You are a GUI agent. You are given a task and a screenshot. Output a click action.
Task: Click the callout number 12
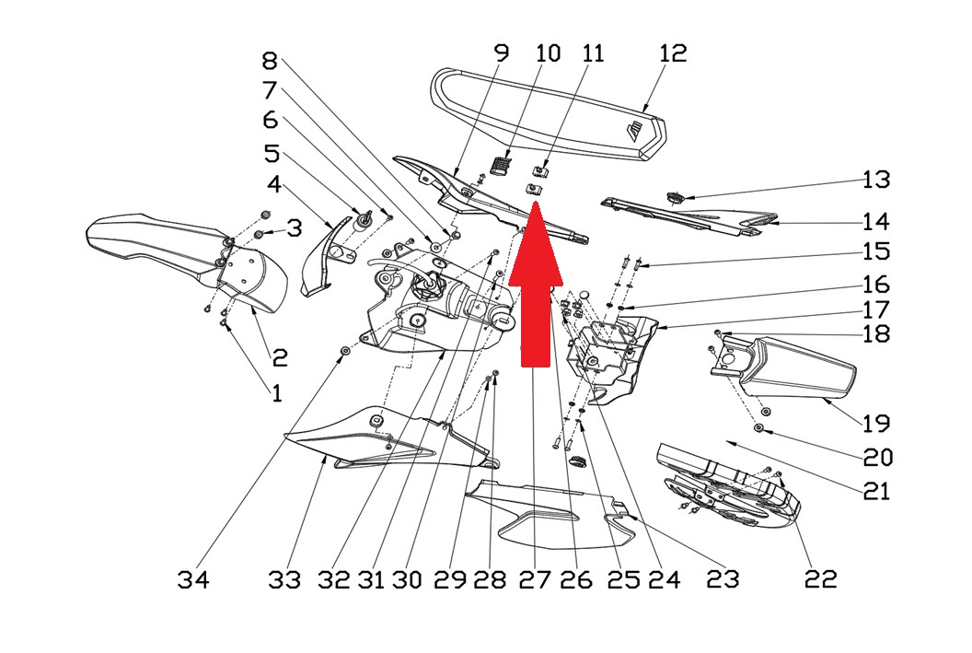(673, 52)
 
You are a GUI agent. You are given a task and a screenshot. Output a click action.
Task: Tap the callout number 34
(193, 579)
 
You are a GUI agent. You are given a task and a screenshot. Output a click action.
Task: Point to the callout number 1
(276, 393)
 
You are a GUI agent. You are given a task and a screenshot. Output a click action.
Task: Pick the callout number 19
(875, 424)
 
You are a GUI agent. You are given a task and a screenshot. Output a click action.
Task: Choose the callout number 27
(534, 579)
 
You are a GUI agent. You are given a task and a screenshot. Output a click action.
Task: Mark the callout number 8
(269, 62)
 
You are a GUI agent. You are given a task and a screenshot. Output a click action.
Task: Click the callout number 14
(875, 221)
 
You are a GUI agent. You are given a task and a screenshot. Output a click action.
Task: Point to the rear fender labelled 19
(801, 373)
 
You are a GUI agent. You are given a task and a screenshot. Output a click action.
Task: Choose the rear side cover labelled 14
(690, 216)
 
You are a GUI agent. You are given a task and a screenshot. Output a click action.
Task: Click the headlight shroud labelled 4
(322, 258)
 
